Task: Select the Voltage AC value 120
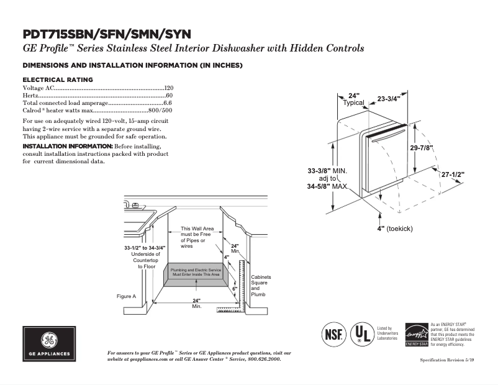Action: pyautogui.click(x=168, y=88)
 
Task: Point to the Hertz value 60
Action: pyautogui.click(x=169, y=96)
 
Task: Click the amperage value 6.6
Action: pyautogui.click(x=167, y=102)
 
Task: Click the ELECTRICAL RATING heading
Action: pyautogui.click(x=58, y=79)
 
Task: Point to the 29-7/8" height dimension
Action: pyautogui.click(x=422, y=148)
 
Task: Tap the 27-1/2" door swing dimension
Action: pyautogui.click(x=453, y=175)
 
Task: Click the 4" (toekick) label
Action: pyautogui.click(x=395, y=229)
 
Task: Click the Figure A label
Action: pyautogui.click(x=126, y=296)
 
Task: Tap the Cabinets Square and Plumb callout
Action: pyautogui.click(x=260, y=285)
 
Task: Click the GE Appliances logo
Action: pyautogui.click(x=49, y=343)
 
